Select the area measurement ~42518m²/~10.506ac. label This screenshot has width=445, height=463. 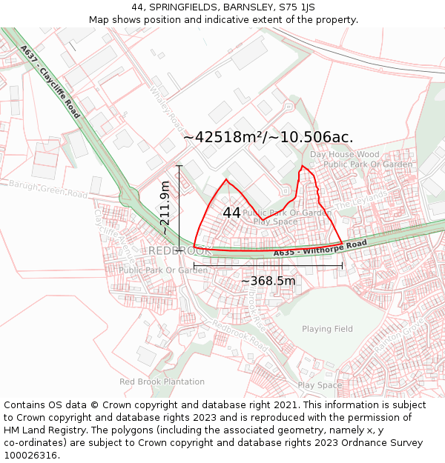coord(268,137)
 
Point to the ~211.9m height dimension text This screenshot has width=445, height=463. coord(165,208)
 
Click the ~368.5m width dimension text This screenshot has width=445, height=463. coord(268,281)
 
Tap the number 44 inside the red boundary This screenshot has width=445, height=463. coord(231,213)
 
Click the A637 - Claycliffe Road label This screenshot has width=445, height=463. coord(50,82)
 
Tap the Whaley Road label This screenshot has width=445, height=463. coord(166,105)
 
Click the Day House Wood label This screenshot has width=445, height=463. coord(344,155)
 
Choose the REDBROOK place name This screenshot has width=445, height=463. coord(179,251)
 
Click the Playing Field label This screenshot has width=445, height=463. coord(327,329)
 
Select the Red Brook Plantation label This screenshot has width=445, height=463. coord(162,382)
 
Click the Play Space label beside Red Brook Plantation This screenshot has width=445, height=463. coord(320,385)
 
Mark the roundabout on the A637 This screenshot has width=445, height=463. coord(129,197)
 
